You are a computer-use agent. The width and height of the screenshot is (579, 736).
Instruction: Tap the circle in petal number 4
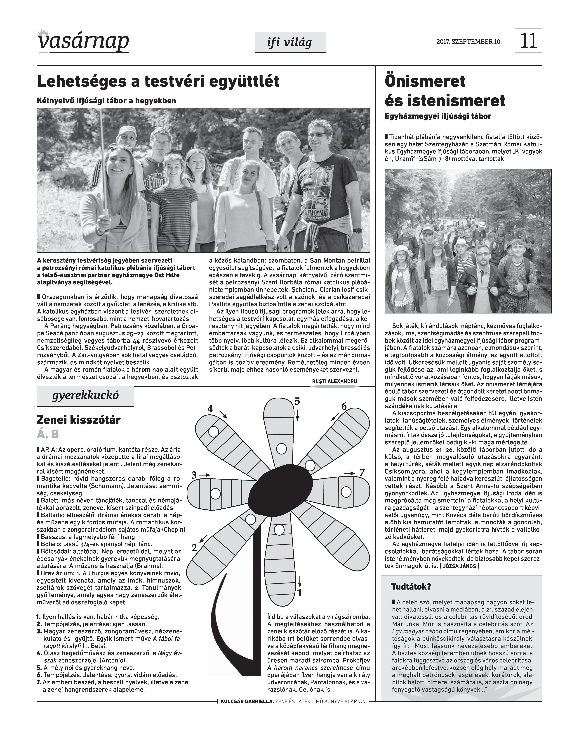213,432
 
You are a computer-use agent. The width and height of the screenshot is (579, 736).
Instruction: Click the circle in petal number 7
346,491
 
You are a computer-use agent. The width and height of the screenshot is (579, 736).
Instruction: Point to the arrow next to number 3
205,474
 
